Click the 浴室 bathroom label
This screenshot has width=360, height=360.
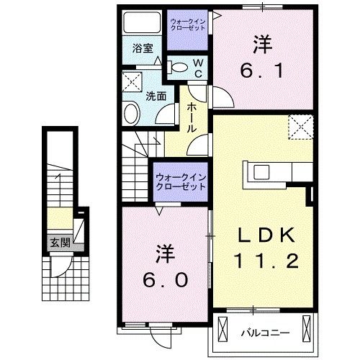pos(143,49)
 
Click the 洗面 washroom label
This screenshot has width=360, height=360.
pos(156,96)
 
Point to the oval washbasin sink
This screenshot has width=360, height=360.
pos(132,114)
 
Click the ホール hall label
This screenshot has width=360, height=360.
pos(192,116)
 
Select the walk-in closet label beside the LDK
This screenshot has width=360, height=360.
pos(179,181)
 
